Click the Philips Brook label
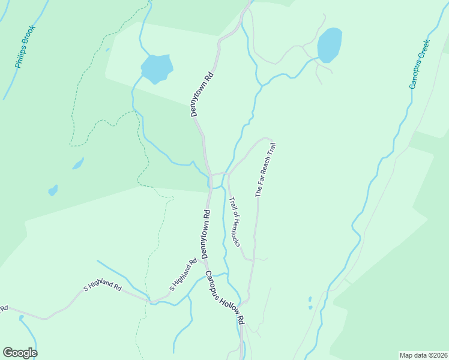point(27,46)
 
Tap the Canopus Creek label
point(420,64)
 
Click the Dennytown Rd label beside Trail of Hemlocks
point(205,235)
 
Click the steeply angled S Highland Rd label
point(183,275)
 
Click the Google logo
point(20,353)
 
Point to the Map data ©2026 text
point(423,355)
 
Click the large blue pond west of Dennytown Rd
point(157,68)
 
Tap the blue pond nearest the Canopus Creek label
point(330,45)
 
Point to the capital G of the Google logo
point(8,353)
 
